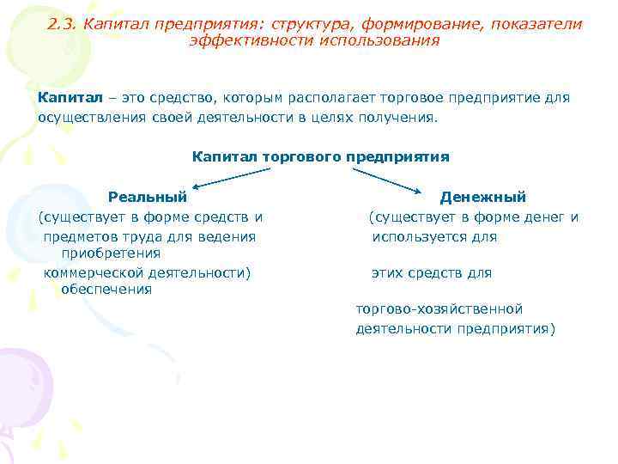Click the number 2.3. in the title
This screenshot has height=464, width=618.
(x=63, y=25)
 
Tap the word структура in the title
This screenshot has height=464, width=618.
(x=310, y=25)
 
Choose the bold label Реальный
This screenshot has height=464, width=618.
(x=147, y=198)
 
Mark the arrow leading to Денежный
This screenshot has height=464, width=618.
(x=386, y=179)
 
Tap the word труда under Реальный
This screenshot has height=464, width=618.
(x=149, y=236)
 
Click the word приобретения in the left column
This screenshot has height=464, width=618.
(x=111, y=253)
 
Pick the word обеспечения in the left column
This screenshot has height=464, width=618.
(x=106, y=290)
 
